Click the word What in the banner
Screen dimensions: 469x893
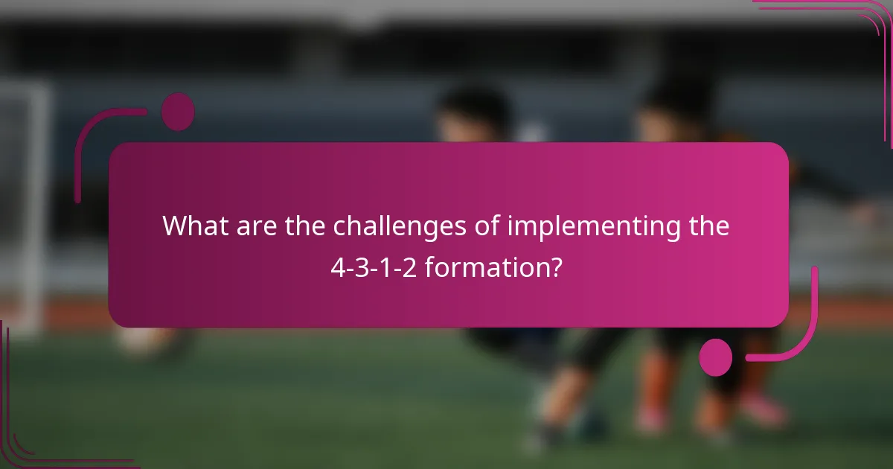point(194,226)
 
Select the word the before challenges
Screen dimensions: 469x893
point(306,226)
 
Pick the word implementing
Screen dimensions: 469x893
point(593,227)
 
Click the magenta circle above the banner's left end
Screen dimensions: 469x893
point(178,112)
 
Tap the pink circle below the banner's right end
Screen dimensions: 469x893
point(716,357)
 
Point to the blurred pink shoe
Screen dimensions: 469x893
point(763,409)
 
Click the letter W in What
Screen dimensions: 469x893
point(173,226)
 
